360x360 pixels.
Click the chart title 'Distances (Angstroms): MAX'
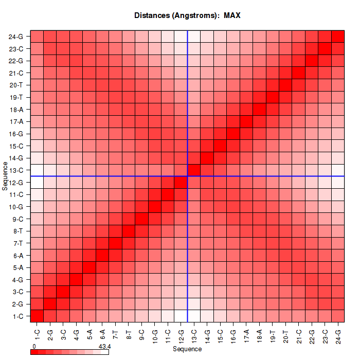click(187, 15)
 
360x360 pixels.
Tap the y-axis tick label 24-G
click(16, 37)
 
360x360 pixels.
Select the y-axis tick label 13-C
click(16, 170)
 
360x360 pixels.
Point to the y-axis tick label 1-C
click(17, 316)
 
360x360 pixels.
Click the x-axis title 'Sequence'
click(187, 349)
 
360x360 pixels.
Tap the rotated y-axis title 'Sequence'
click(5, 176)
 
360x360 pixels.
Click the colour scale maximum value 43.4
click(104, 347)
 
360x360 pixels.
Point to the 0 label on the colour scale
click(34, 347)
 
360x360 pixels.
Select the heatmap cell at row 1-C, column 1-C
click(37, 316)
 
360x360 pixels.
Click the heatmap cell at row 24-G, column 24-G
click(338, 37)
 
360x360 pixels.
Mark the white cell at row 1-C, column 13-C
click(194, 316)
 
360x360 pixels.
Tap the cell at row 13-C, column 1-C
click(37, 170)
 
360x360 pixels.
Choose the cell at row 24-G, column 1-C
click(37, 37)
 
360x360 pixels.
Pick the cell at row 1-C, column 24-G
click(338, 316)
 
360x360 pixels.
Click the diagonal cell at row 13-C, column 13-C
click(194, 170)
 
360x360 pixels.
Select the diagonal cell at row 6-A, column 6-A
click(102, 255)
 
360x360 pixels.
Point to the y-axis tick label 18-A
click(16, 110)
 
